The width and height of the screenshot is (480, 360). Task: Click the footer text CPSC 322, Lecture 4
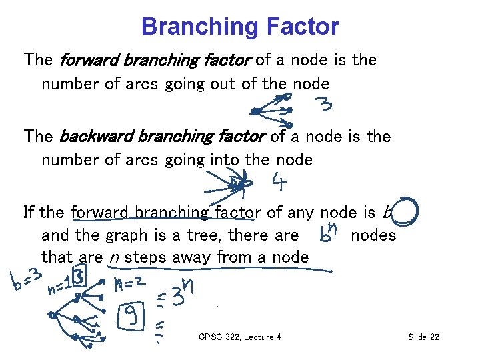tap(240, 337)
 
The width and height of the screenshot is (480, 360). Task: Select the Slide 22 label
tap(423, 337)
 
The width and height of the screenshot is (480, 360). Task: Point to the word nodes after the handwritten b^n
tap(373, 235)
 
